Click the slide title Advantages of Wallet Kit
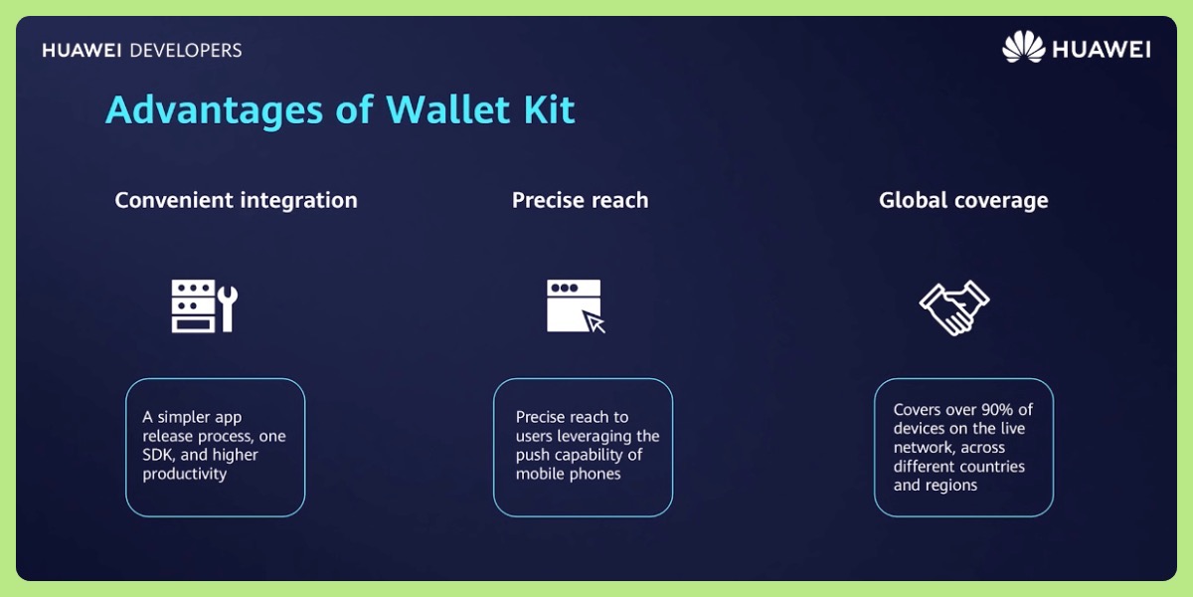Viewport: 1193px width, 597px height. (x=340, y=109)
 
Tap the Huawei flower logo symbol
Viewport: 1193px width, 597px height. (x=1023, y=48)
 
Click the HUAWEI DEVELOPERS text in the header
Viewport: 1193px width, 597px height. (x=142, y=50)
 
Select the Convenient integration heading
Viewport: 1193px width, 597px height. (x=236, y=200)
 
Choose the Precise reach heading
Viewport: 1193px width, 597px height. (x=580, y=200)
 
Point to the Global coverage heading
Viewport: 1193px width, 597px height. (x=963, y=200)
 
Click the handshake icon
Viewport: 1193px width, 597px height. (x=953, y=307)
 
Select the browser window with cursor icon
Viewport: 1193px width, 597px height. (x=576, y=305)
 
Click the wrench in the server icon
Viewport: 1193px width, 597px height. (x=228, y=306)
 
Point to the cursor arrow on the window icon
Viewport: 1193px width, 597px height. (x=595, y=322)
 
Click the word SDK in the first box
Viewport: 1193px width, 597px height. (x=159, y=455)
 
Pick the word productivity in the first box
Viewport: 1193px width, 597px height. (x=185, y=474)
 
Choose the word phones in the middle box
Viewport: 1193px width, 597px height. (x=596, y=474)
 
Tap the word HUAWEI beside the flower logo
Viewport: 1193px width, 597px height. (x=1101, y=49)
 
